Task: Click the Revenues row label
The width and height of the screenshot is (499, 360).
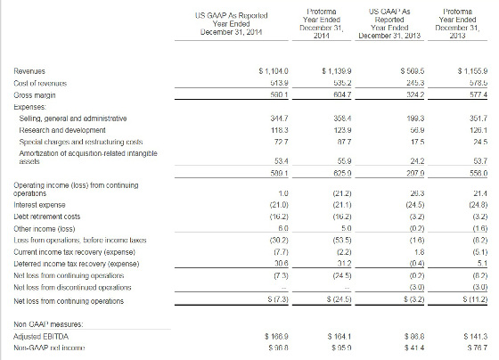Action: pyautogui.click(x=33, y=68)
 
